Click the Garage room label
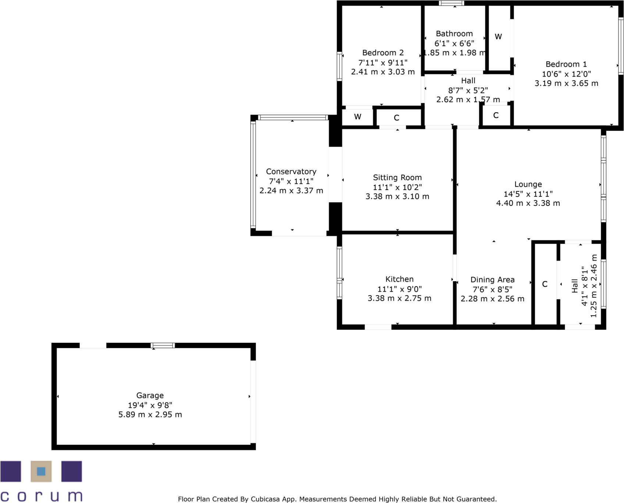click(x=150, y=395)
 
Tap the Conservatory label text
click(x=291, y=172)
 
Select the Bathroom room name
click(x=454, y=34)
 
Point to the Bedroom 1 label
click(x=566, y=64)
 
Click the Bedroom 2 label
click(x=383, y=53)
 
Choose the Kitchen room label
click(x=399, y=279)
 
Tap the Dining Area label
click(x=492, y=280)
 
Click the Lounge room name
click(x=528, y=184)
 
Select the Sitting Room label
click(x=397, y=178)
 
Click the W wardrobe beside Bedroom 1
click(x=498, y=37)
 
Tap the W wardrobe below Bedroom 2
click(x=357, y=117)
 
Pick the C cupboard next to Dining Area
click(x=545, y=284)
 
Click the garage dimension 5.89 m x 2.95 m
click(x=150, y=415)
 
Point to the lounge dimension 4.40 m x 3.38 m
click(x=528, y=203)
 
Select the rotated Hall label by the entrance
click(x=575, y=286)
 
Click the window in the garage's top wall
click(x=163, y=345)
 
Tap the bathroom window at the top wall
click(x=451, y=3)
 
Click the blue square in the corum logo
click(x=41, y=471)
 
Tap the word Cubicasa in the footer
click(x=265, y=499)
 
